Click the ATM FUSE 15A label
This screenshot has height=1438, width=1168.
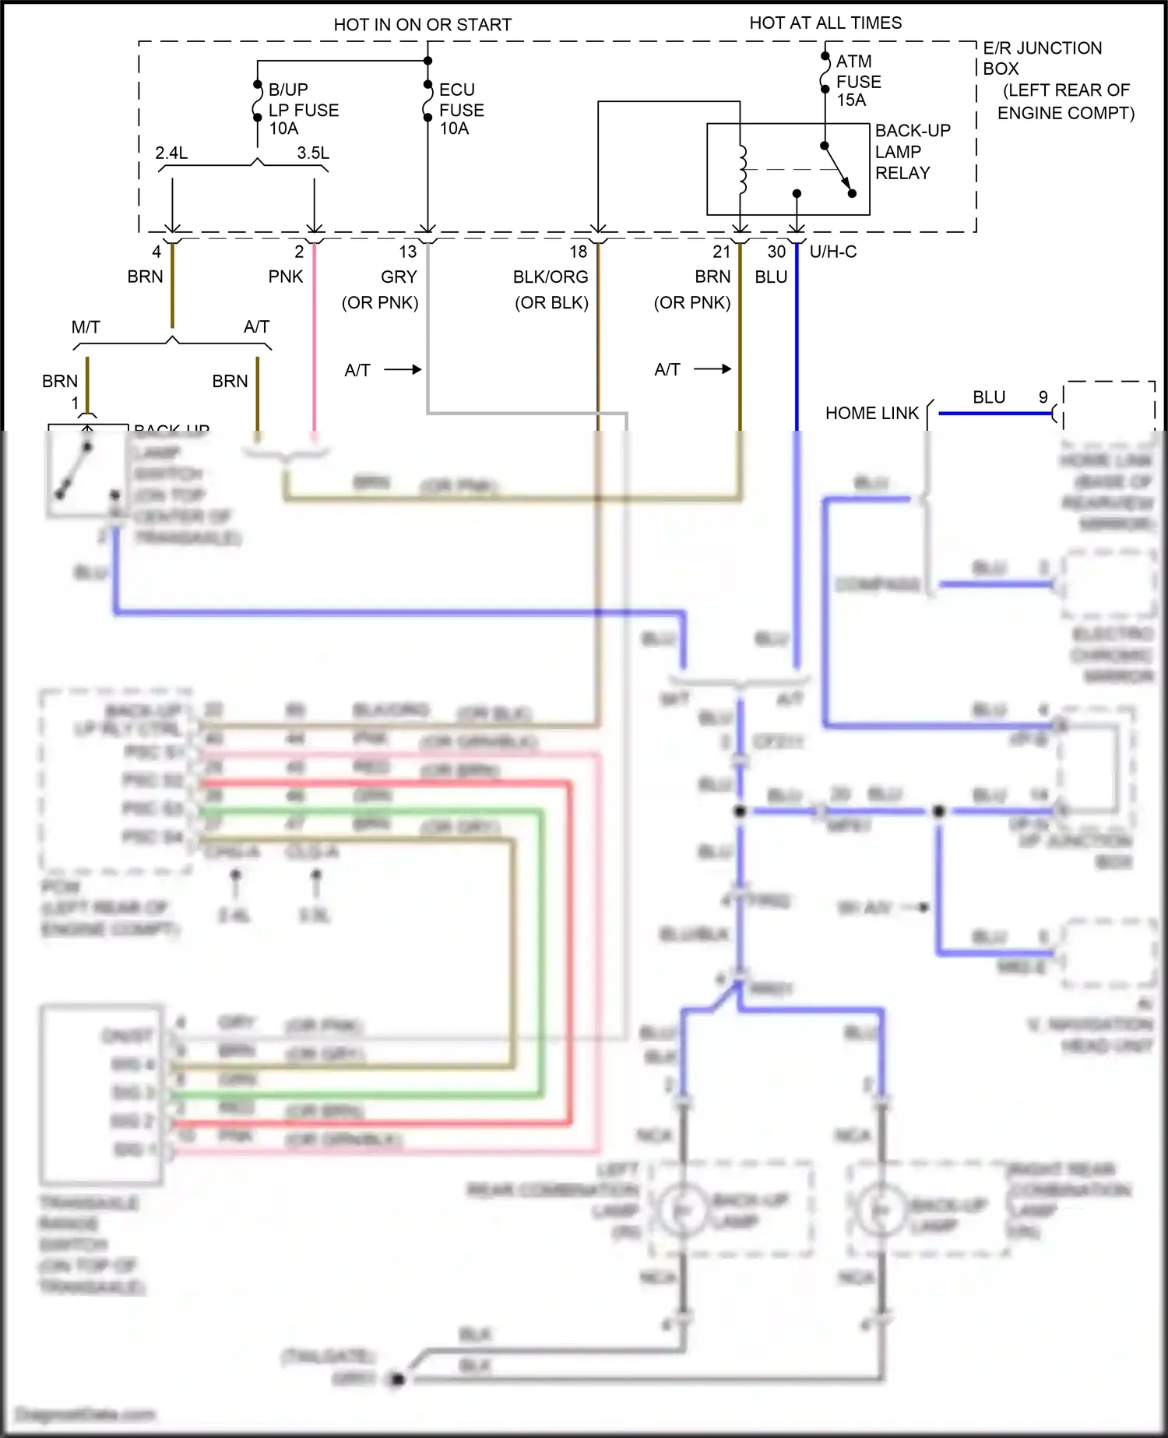coord(858,81)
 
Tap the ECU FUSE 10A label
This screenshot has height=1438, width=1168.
coord(461,110)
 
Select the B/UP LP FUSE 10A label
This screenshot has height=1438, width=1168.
coord(303,110)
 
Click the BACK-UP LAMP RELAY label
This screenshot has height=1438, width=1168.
coord(912,152)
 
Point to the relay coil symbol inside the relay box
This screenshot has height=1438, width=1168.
coord(742,169)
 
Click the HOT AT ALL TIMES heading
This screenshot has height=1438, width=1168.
coord(825,23)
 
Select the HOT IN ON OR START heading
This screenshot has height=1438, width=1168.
coord(422,25)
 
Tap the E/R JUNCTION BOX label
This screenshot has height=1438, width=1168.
coord(1041,58)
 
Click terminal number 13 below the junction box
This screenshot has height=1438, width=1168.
coord(408,252)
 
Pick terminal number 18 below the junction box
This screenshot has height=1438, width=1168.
coord(578,252)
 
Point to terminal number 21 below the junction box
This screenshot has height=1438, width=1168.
coord(721,252)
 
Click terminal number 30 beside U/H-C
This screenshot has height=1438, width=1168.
coord(776,252)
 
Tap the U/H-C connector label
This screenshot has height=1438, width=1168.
coord(833,252)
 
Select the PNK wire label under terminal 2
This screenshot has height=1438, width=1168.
coord(285,277)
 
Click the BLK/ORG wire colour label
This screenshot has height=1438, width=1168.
coord(550,277)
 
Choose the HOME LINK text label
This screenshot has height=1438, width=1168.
coord(871,413)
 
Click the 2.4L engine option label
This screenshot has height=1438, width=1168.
coord(171,153)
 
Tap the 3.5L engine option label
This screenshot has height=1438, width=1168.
coord(313,153)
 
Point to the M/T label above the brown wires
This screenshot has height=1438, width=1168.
coord(86,327)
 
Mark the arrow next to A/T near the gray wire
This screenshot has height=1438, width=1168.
coord(403,369)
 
